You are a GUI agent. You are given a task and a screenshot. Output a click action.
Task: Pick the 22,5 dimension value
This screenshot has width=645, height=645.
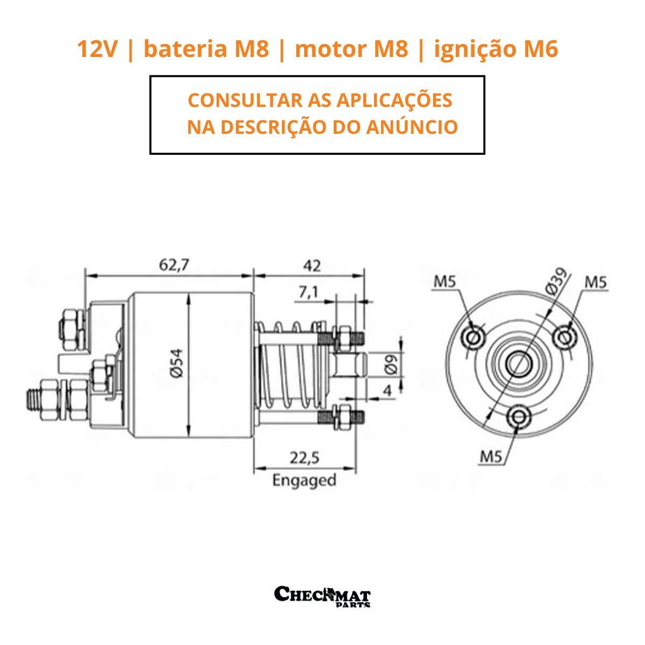305,457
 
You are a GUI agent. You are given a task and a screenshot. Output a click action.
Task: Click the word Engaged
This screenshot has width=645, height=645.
304,479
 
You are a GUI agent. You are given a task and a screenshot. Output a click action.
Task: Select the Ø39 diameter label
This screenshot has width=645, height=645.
557,282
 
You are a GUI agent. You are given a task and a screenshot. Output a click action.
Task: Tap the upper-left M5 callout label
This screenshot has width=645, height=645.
446,281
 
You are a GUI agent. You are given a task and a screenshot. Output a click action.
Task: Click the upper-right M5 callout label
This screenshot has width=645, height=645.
596,281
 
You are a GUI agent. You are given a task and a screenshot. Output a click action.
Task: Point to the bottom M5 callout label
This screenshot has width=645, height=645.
491,456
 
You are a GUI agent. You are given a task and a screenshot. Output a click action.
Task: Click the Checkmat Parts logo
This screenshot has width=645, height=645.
322,596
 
